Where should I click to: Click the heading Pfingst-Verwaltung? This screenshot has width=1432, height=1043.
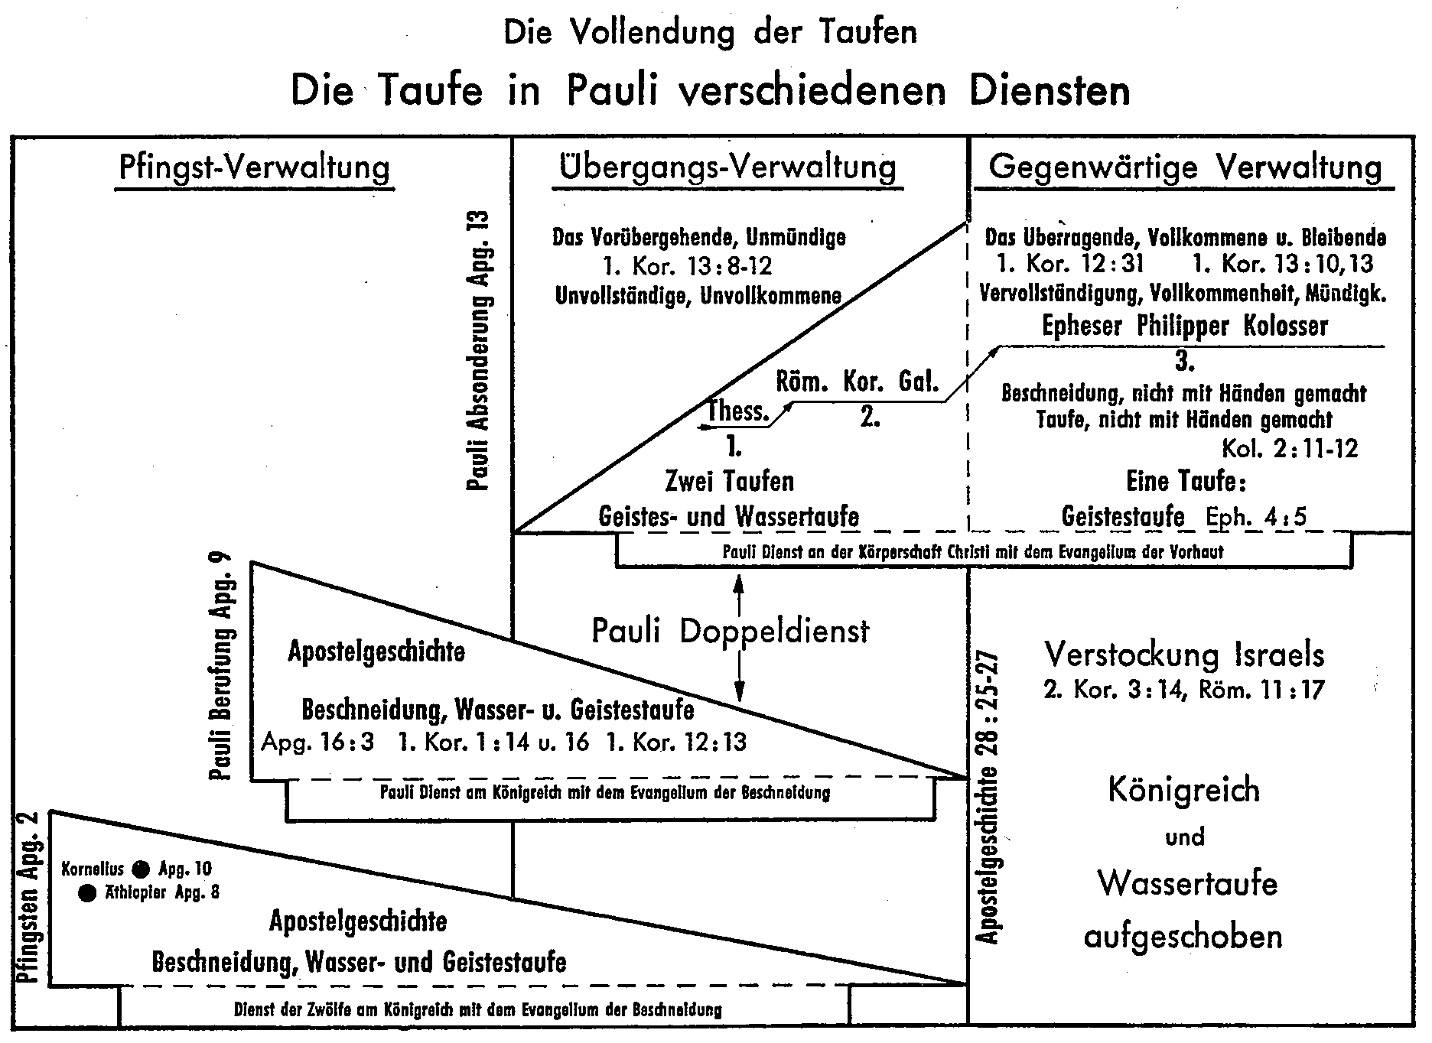pyautogui.click(x=255, y=167)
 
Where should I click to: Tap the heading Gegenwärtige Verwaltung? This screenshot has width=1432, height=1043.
pyautogui.click(x=1185, y=167)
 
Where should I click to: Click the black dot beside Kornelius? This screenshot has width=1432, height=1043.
pyautogui.click(x=141, y=869)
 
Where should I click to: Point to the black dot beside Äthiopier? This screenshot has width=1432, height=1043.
pyautogui.click(x=88, y=892)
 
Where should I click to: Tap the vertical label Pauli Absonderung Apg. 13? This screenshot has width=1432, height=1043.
pyautogui.click(x=479, y=350)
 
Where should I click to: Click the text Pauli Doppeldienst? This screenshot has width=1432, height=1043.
pyautogui.click(x=731, y=632)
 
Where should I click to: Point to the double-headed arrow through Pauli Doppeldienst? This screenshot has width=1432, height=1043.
pyautogui.click(x=739, y=638)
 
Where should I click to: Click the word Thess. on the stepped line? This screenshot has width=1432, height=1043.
pyautogui.click(x=738, y=411)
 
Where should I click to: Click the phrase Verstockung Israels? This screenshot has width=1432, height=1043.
pyautogui.click(x=1184, y=655)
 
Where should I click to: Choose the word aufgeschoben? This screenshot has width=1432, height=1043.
pyautogui.click(x=1183, y=936)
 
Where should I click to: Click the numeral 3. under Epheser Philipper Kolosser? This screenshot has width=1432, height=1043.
pyautogui.click(x=1185, y=361)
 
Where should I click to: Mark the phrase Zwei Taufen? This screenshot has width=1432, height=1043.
pyautogui.click(x=729, y=481)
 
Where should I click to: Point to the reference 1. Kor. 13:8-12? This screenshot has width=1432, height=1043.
pyautogui.click(x=687, y=266)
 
